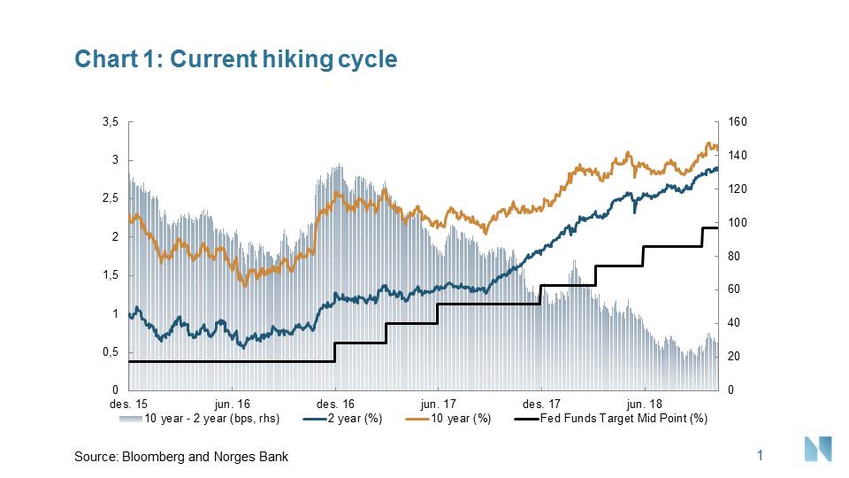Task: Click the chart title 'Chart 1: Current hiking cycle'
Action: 236,59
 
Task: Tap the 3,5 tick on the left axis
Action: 109,122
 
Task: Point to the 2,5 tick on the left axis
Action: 109,199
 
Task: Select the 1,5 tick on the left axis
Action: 109,276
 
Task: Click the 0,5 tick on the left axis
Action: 109,352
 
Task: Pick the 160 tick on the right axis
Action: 737,122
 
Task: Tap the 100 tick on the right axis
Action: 737,223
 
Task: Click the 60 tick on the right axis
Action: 734,290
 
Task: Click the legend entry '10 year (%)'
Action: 459,418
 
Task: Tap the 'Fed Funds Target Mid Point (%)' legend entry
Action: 623,418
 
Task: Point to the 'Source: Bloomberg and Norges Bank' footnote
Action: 181,457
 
